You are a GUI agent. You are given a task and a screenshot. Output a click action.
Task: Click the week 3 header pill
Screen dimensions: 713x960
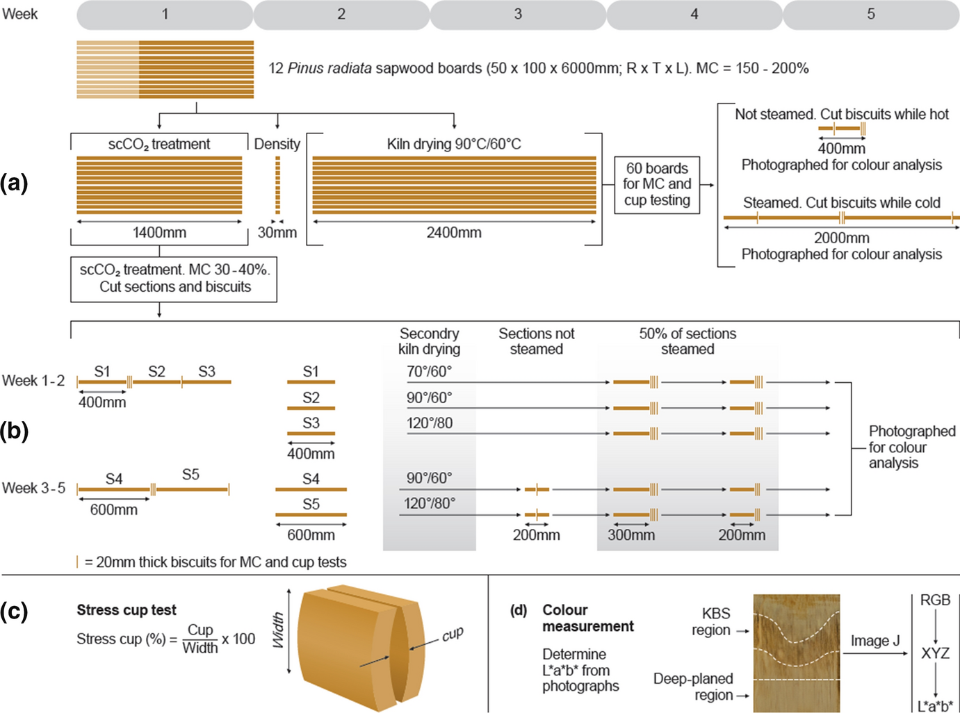pyautogui.click(x=518, y=15)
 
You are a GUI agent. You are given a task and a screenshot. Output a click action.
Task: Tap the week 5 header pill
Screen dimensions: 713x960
pyautogui.click(x=871, y=15)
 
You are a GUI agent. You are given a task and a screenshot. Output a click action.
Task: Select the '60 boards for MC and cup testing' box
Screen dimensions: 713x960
pyautogui.click(x=657, y=184)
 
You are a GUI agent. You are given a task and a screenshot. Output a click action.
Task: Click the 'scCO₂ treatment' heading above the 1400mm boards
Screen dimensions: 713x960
pyautogui.click(x=159, y=144)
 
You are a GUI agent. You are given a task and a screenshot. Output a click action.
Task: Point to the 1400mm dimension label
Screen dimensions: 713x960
pyautogui.click(x=159, y=233)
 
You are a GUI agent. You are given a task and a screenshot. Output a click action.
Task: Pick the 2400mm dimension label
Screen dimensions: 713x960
pyautogui.click(x=454, y=233)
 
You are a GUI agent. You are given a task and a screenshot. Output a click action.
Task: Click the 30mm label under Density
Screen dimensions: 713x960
pyautogui.click(x=277, y=233)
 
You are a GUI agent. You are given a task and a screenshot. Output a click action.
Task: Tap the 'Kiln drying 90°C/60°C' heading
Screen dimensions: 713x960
pyautogui.click(x=454, y=144)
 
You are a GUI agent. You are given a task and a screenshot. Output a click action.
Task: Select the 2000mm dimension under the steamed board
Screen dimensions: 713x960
pyautogui.click(x=841, y=238)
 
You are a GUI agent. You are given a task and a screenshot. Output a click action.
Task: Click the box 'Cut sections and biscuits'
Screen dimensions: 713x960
pyautogui.click(x=174, y=279)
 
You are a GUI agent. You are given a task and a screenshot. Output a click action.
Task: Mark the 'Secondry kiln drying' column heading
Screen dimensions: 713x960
pyautogui.click(x=429, y=341)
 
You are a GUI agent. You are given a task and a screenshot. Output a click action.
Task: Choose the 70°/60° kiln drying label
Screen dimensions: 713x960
pyautogui.click(x=429, y=372)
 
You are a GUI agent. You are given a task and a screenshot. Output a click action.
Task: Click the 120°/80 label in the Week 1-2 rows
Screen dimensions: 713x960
pyautogui.click(x=430, y=423)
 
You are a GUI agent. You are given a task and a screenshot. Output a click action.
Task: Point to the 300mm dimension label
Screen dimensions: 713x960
pyautogui.click(x=631, y=535)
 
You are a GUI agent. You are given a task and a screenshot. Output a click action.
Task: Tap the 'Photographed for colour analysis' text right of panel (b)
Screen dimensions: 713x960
pyautogui.click(x=911, y=447)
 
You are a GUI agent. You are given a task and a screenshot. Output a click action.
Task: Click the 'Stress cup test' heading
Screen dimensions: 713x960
pyautogui.click(x=127, y=610)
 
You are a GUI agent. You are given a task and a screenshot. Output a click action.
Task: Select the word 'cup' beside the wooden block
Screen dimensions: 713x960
pyautogui.click(x=453, y=634)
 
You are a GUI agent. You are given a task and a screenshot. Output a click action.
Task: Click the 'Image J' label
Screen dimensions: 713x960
pyautogui.click(x=874, y=641)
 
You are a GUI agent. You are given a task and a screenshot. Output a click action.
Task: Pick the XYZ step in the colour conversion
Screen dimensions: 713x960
pyautogui.click(x=935, y=653)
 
